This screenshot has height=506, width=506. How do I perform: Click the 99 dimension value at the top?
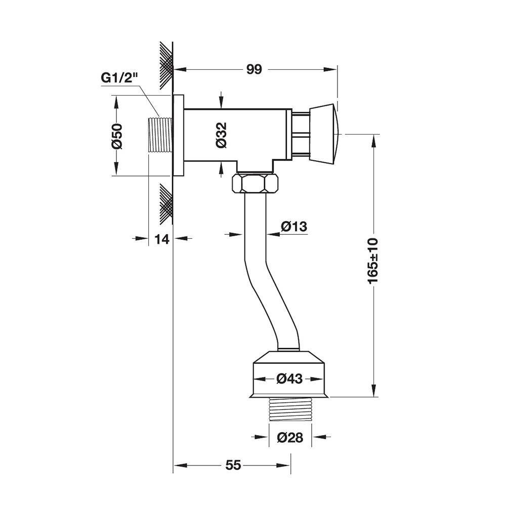pos(255,69)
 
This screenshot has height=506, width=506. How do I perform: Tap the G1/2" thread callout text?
pos(119,78)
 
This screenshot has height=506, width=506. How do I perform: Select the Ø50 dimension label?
pos(117,136)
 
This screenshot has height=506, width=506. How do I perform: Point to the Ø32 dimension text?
pos(222,135)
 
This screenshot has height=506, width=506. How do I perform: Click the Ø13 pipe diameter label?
pos(294,226)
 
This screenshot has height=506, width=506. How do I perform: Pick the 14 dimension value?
pos(162,239)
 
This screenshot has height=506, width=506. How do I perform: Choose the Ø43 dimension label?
pos(289,378)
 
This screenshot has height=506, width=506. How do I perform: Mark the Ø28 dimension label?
pos(290,437)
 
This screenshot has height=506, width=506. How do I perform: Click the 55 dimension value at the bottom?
pos(233,465)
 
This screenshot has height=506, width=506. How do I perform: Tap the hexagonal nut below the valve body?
pos(255,184)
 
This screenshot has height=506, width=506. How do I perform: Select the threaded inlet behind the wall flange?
pos(159,135)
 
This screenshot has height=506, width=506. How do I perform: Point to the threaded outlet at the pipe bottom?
pos(290,409)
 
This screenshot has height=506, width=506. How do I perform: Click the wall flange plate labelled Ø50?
pos(179,135)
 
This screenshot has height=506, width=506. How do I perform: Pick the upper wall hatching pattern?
pos(166,65)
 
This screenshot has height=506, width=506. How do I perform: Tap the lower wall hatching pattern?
pos(166,204)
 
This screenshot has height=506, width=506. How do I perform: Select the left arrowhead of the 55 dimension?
pos(181,466)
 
